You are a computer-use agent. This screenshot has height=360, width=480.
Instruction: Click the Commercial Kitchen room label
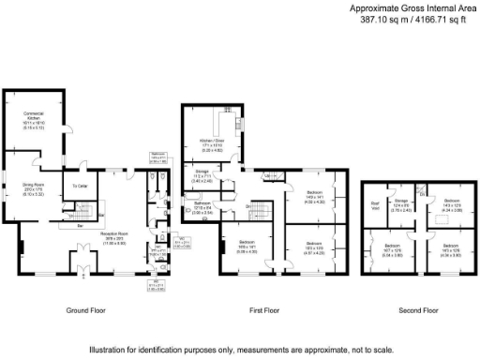(x=34, y=116)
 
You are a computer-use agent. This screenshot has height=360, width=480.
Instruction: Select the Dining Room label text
(x=34, y=186)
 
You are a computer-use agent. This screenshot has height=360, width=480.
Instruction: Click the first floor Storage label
(x=202, y=173)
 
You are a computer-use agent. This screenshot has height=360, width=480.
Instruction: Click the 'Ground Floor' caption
(x=85, y=309)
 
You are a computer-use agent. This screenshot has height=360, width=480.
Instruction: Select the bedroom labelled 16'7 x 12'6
(x=383, y=251)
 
